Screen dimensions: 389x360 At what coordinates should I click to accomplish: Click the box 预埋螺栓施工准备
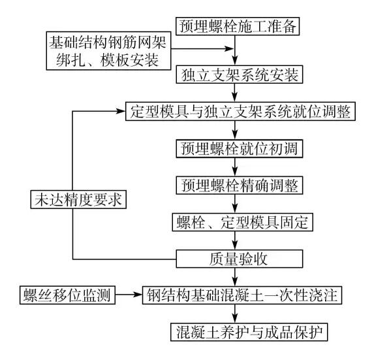[x=238, y=26]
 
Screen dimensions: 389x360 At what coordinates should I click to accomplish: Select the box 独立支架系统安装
[x=240, y=74]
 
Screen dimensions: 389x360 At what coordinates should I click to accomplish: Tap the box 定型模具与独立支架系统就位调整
[x=240, y=111]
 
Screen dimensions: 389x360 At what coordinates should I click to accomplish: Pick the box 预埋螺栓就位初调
[x=240, y=148]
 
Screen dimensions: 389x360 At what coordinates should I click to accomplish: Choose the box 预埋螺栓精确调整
[x=240, y=185]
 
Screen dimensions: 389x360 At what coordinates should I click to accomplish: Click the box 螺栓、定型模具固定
[x=242, y=222]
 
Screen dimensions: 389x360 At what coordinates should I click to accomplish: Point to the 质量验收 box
[x=240, y=259]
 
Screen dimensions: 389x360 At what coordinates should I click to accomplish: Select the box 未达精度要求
[x=78, y=199]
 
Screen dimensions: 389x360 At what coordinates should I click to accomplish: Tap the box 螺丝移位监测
[x=67, y=295]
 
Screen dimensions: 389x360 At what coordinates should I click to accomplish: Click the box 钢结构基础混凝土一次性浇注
[x=242, y=295]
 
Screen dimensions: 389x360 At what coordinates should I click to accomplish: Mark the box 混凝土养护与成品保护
[x=249, y=332]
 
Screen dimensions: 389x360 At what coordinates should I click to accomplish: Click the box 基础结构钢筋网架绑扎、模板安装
[x=108, y=51]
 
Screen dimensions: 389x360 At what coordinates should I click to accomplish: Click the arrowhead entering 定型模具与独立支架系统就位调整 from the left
[x=121, y=111]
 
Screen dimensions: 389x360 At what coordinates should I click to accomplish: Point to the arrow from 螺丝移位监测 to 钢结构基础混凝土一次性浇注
[x=129, y=295]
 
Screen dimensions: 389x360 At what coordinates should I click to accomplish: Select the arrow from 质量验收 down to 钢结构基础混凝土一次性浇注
[x=235, y=277]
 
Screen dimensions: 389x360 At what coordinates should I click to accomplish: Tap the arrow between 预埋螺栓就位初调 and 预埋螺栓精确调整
[x=235, y=167]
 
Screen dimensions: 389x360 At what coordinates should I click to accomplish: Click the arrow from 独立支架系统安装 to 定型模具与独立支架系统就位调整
[x=235, y=93]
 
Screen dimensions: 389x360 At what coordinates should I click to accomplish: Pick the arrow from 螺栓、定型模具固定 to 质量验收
[x=235, y=240]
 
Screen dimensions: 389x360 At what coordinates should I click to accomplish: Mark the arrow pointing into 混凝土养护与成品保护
[x=235, y=314]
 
